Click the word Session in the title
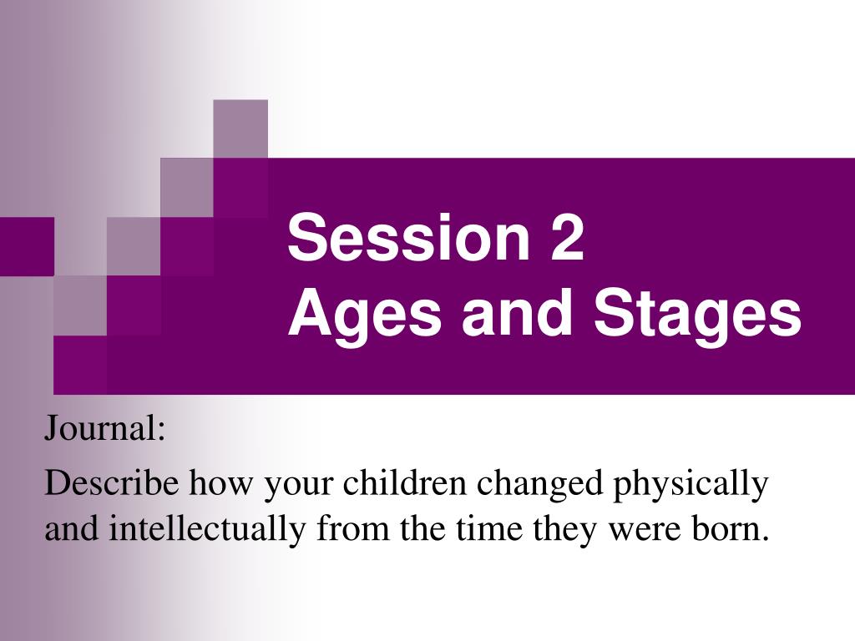pos(408,237)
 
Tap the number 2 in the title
pos(567,237)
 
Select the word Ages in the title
pos(364,315)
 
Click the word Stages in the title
pos(697,315)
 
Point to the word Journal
pos(100,428)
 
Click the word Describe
pos(111,482)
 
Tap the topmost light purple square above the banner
pos(240,129)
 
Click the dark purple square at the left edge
pos(27,246)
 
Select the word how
pos(220,482)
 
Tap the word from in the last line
pos(353,528)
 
